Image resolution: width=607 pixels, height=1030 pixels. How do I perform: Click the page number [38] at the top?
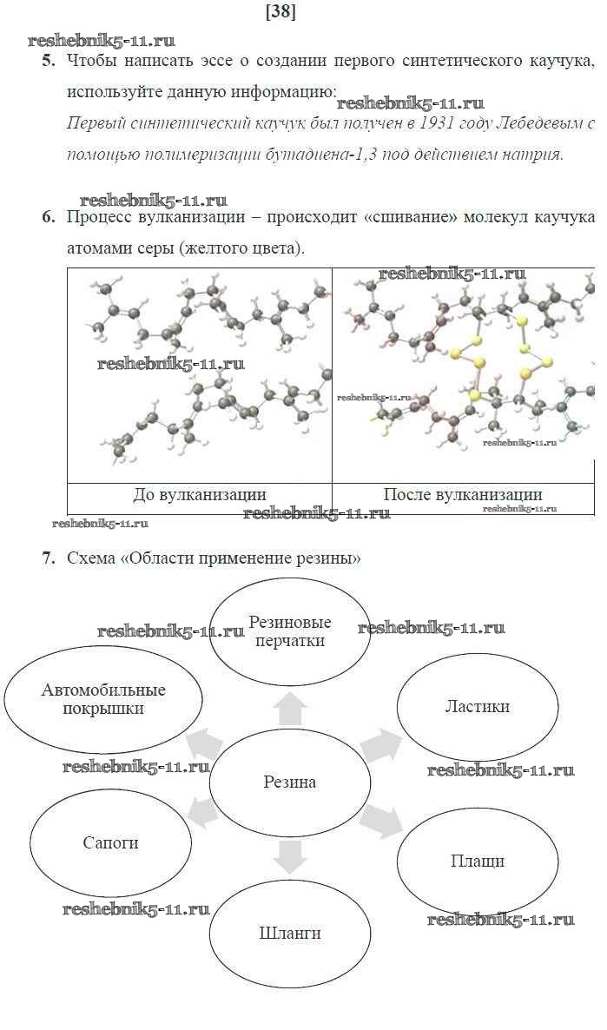pos(280,12)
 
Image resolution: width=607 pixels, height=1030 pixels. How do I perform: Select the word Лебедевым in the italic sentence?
pos(540,123)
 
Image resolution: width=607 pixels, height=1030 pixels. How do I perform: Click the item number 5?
pos(48,61)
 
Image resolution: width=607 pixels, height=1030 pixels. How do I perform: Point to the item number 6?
pos(48,217)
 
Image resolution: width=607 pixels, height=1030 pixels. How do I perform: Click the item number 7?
pos(48,558)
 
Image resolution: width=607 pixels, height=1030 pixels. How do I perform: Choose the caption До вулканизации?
pos(200,495)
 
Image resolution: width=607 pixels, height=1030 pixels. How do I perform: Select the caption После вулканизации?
pos(463,495)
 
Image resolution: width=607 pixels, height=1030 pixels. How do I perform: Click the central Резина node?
pos(290,782)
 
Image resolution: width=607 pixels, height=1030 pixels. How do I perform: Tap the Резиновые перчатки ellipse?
pos(290,631)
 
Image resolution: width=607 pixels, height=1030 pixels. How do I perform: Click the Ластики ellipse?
pos(478,707)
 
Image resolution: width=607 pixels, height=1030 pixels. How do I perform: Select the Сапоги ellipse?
pos(111,842)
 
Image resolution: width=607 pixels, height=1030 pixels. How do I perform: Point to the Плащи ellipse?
pos(478,862)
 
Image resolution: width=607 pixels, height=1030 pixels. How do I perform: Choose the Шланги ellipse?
pos(290,933)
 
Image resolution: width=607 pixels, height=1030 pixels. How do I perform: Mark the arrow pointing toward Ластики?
pos(382,743)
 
